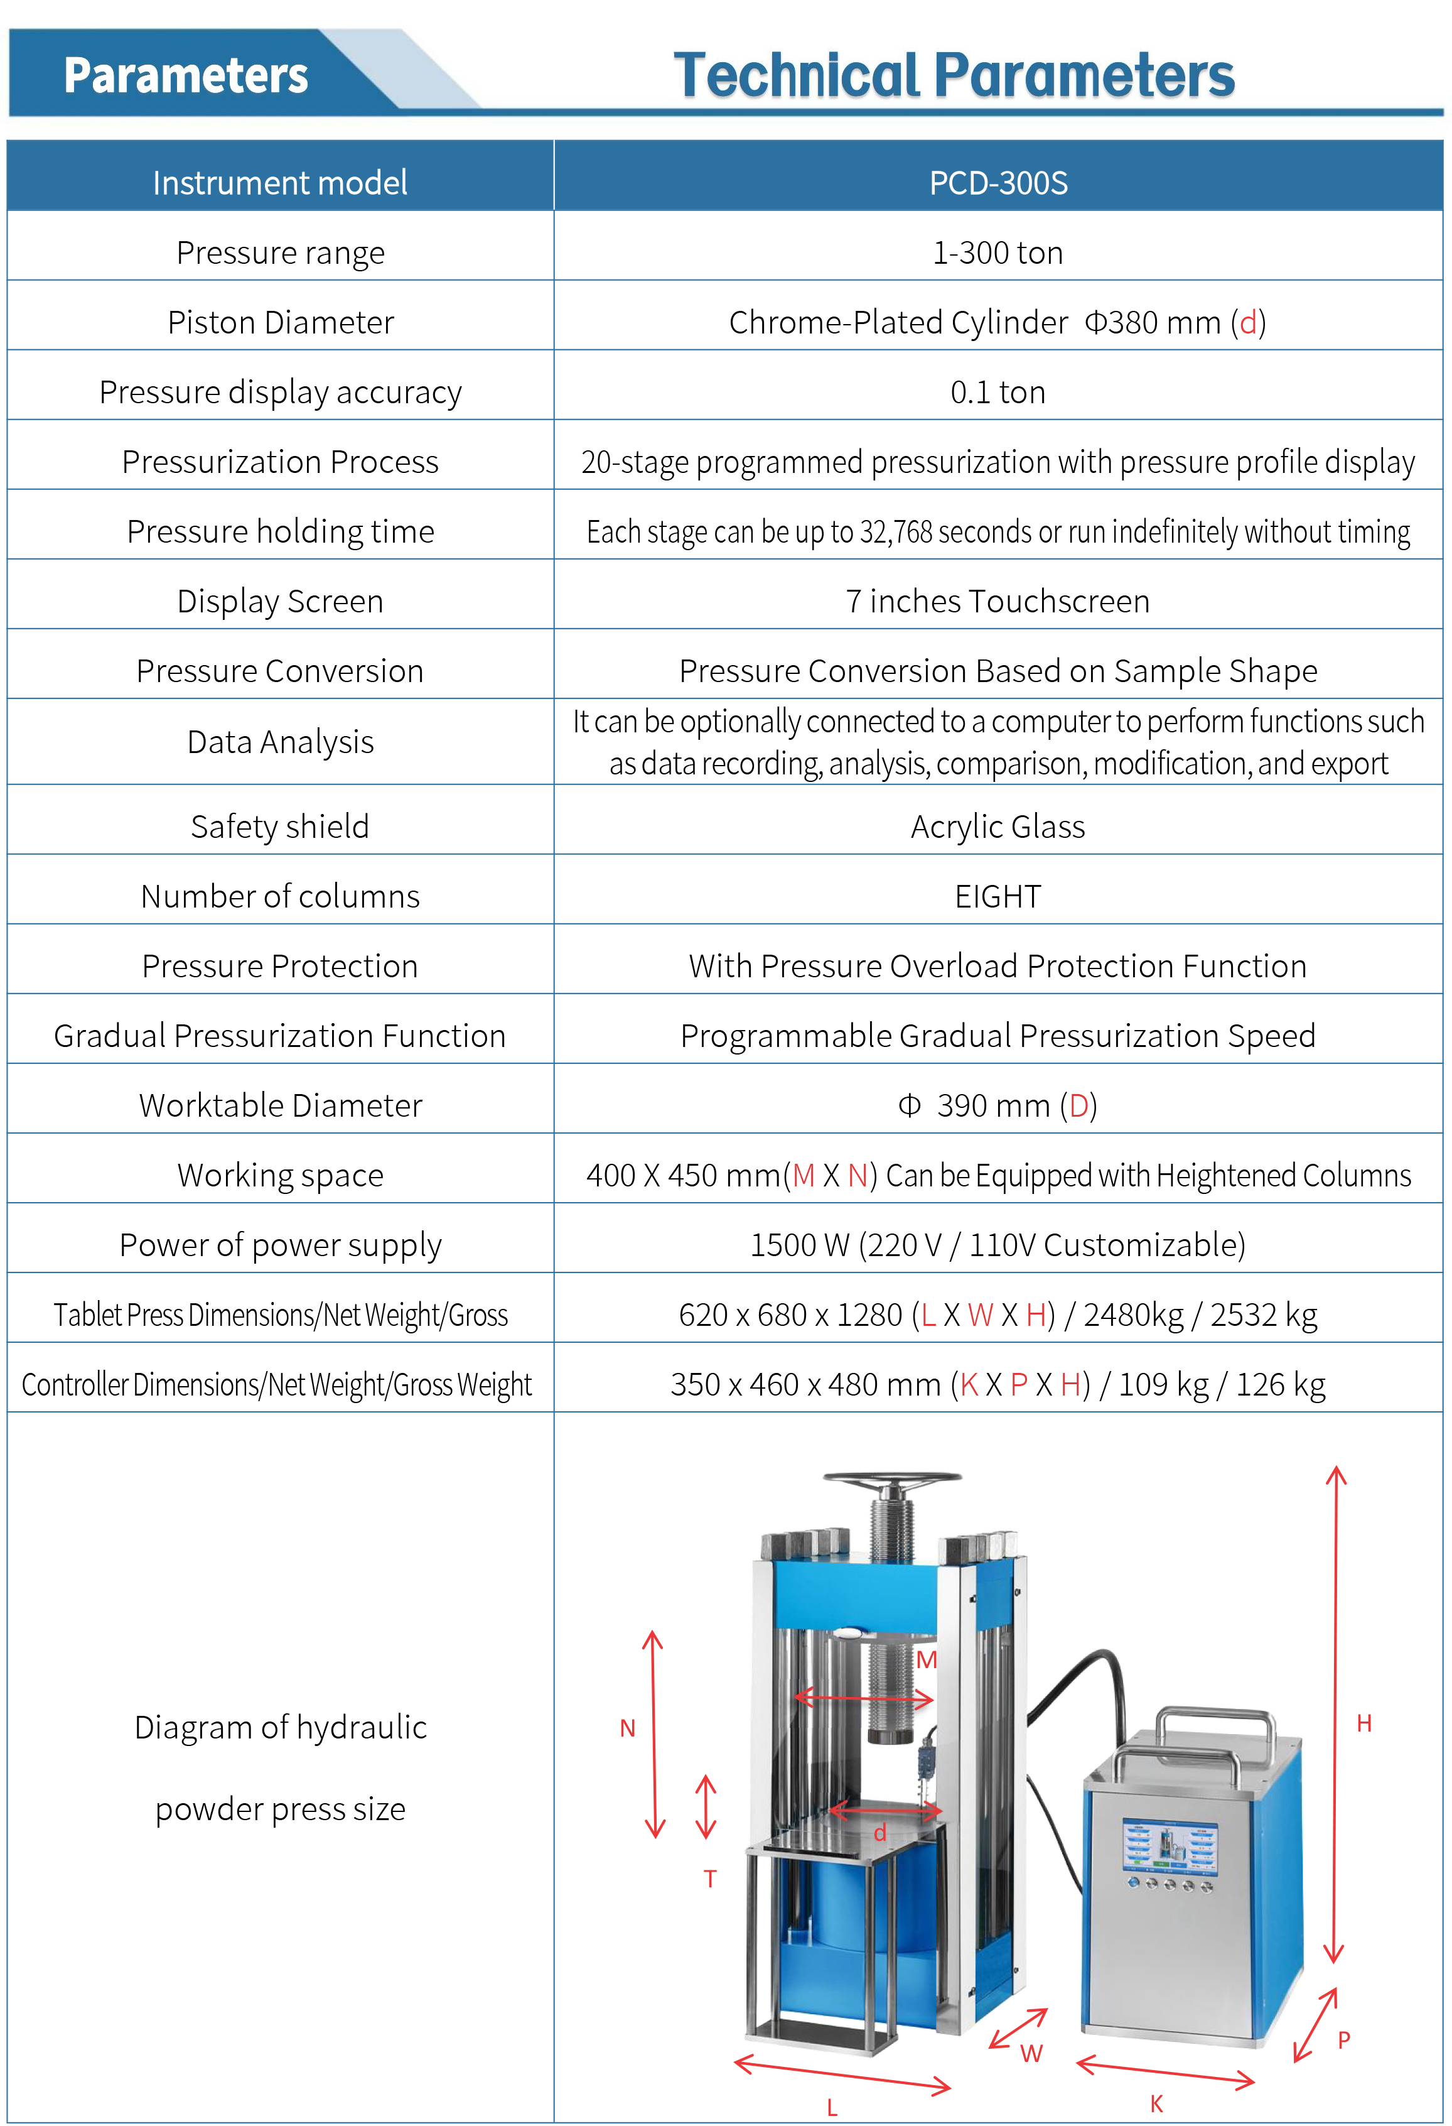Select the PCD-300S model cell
click(998, 183)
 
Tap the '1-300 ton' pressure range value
click(998, 252)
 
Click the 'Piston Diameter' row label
click(280, 322)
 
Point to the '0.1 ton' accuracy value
click(998, 391)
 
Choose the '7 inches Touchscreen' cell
click(998, 601)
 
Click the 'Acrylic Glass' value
click(998, 826)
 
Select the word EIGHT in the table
click(998, 896)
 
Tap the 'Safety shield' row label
click(280, 826)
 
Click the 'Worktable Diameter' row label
click(280, 1105)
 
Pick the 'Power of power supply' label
click(280, 1245)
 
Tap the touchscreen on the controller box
click(1170, 1841)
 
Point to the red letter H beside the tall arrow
click(1364, 1723)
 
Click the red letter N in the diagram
click(627, 1728)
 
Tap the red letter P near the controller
click(1344, 2040)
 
